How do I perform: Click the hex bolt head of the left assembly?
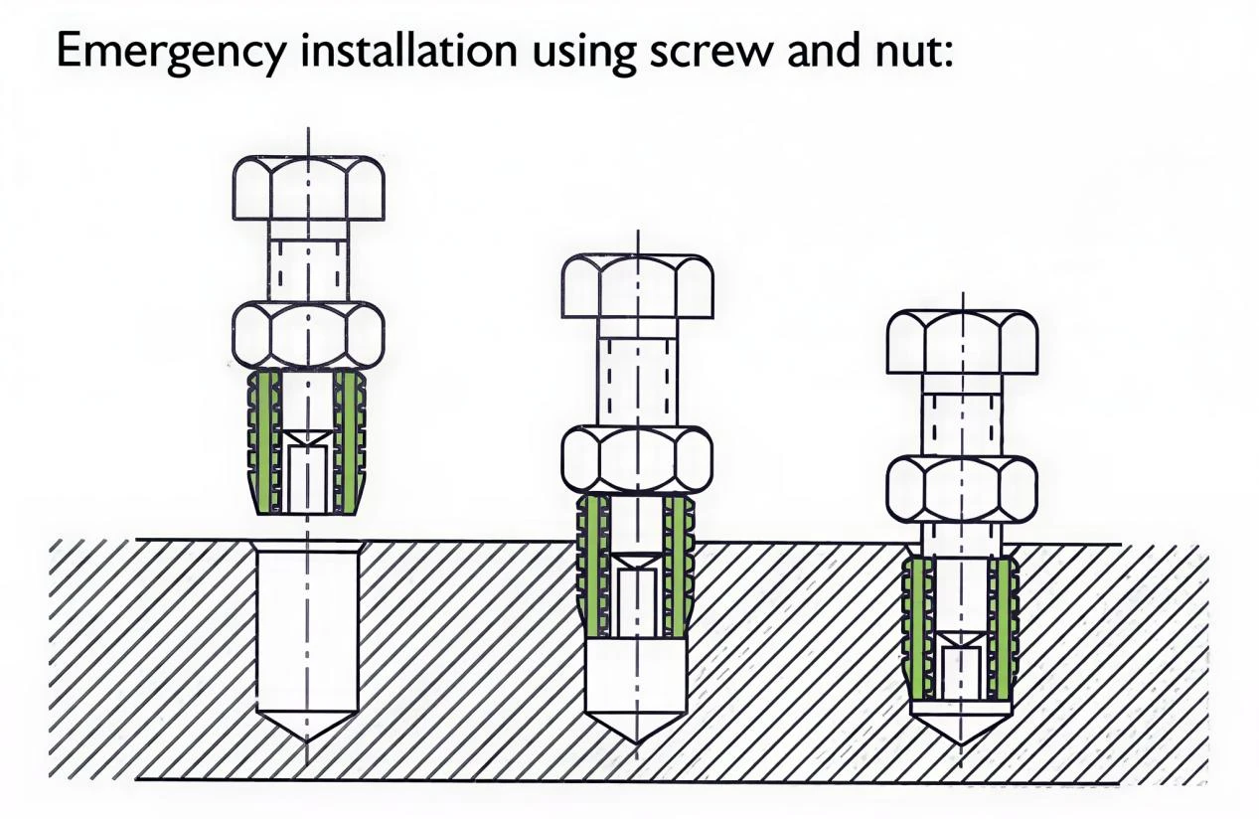(309, 188)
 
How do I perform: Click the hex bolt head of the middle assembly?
(637, 286)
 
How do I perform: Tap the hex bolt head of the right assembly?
(962, 341)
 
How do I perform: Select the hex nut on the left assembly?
(309, 336)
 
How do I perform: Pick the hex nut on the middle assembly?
(637, 461)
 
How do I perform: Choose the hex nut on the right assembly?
(962, 489)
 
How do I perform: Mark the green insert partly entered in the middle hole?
(637, 568)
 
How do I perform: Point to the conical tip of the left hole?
(307, 742)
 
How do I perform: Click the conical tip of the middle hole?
(636, 743)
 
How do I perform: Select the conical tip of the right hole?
(961, 744)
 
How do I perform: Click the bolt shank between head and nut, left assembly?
(309, 261)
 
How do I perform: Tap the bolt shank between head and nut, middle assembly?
(637, 373)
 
